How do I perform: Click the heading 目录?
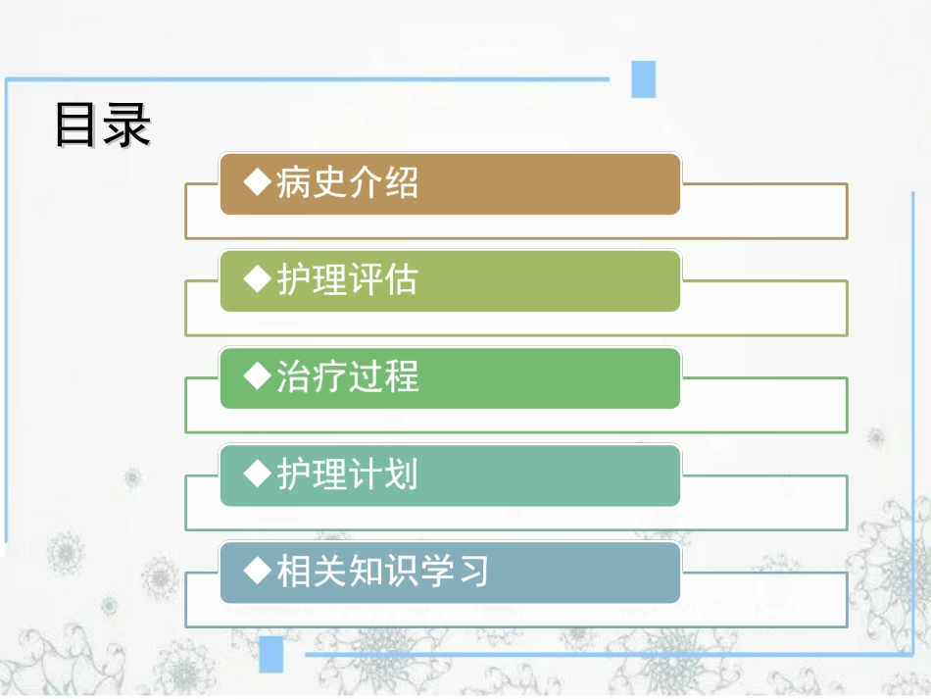click(x=103, y=125)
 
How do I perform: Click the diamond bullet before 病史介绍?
click(x=257, y=181)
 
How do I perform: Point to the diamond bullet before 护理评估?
click(x=257, y=278)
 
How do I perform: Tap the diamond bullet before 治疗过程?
click(x=257, y=375)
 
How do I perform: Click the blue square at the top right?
click(x=643, y=78)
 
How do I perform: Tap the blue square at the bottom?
click(x=270, y=654)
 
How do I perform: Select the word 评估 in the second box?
click(x=383, y=280)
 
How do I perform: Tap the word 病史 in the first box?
click(x=312, y=183)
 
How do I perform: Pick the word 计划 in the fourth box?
click(x=383, y=474)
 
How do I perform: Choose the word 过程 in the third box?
click(x=383, y=377)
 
